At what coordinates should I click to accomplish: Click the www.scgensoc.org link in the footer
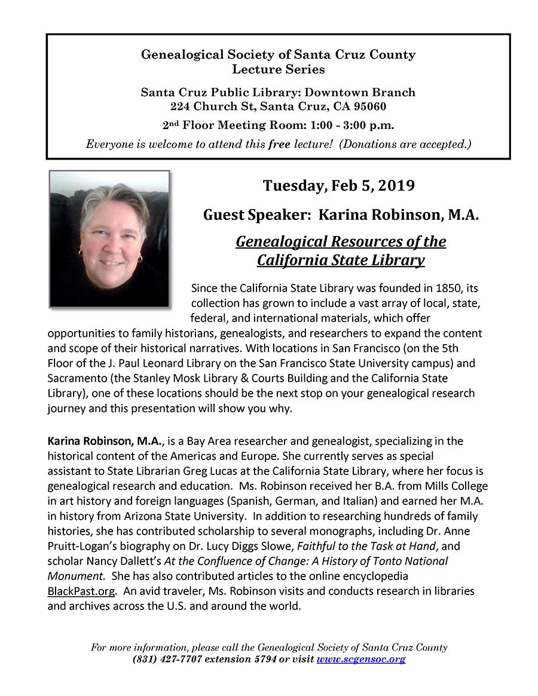point(361,659)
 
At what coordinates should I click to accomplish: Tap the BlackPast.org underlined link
point(80,591)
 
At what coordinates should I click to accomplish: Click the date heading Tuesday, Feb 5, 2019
point(339,185)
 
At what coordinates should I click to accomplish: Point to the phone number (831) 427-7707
point(167,659)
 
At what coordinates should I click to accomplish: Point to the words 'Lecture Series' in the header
point(279,69)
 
